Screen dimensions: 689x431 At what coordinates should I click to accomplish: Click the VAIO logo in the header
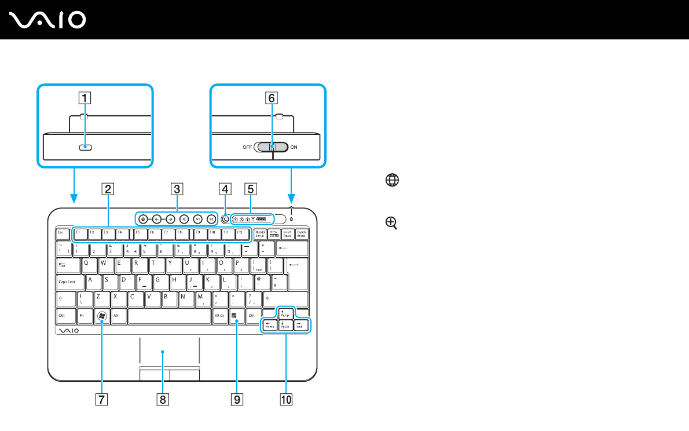[x=48, y=20]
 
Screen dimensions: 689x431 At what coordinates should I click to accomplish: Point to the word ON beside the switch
[x=294, y=147]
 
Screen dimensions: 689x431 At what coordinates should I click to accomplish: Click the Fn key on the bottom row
[x=83, y=316]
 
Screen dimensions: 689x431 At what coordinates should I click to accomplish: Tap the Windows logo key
[x=101, y=316]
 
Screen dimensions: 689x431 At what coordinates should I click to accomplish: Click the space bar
[x=169, y=316]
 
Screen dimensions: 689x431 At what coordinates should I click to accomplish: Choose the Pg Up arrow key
[x=285, y=314]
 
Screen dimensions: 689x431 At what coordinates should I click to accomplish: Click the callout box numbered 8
[x=163, y=399]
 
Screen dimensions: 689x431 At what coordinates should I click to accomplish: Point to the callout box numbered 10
[x=285, y=399]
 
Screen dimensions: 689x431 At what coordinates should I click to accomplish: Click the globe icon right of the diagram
[x=392, y=181]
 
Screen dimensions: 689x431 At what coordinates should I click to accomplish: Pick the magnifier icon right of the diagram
[x=392, y=222]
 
